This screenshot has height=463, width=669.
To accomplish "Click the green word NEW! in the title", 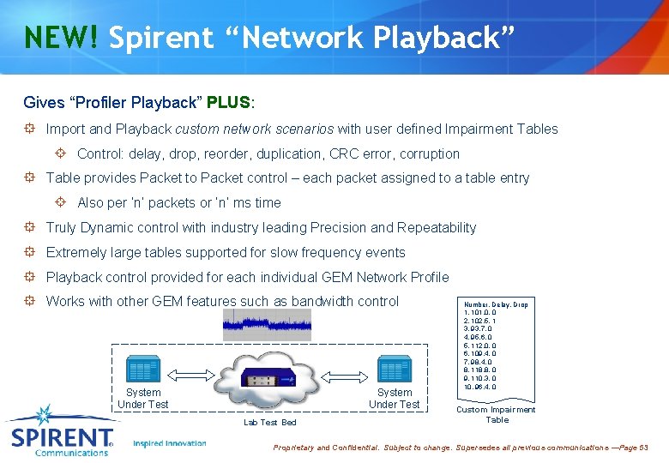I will tap(61, 38).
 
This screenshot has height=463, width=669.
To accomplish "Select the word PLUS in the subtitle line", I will tap(228, 103).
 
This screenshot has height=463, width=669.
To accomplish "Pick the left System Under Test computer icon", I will tap(143, 370).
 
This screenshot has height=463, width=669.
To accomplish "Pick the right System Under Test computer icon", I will tap(395, 370).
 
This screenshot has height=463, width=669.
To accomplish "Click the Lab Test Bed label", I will tap(270, 423).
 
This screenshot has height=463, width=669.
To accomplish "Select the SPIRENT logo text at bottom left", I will tap(62, 439).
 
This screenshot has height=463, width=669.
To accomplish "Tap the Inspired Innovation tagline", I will tap(170, 443).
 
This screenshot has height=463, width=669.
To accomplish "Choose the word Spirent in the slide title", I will tap(161, 38).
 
